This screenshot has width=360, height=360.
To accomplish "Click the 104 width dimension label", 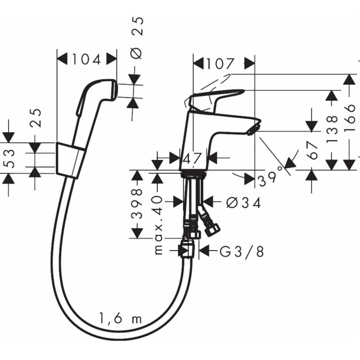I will [86, 59].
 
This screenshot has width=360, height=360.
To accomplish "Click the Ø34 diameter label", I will [243, 203].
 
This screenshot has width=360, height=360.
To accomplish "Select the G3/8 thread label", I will [241, 251].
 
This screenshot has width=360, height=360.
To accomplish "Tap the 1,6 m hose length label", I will [119, 319].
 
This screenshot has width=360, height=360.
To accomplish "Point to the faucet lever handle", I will [216, 96].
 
